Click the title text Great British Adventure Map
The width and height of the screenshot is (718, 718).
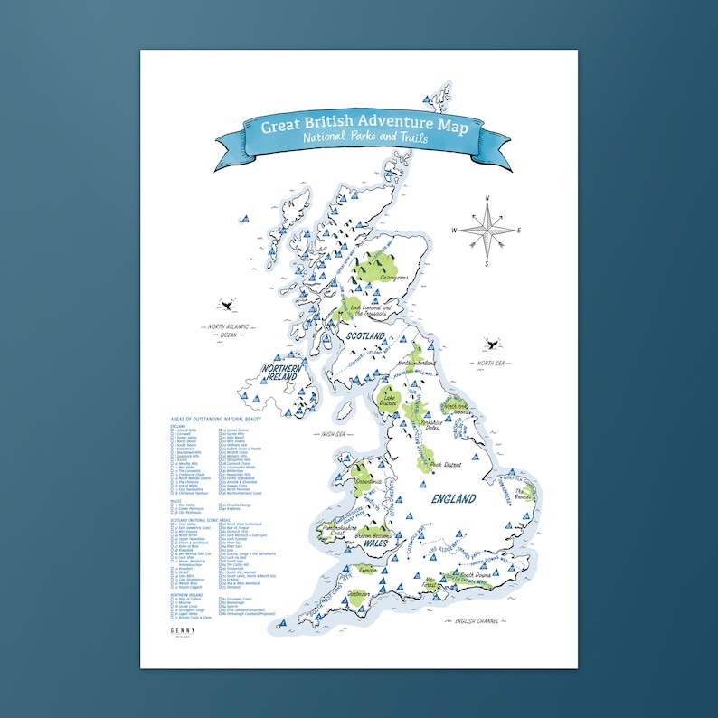(x=364, y=125)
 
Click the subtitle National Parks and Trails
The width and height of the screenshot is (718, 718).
(x=365, y=140)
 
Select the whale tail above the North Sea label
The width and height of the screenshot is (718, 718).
(x=489, y=344)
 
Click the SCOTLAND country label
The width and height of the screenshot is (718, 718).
(x=363, y=336)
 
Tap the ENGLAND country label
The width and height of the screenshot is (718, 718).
(x=453, y=498)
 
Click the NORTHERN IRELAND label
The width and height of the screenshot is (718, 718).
(x=281, y=373)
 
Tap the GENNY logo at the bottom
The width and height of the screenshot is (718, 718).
(x=184, y=633)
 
